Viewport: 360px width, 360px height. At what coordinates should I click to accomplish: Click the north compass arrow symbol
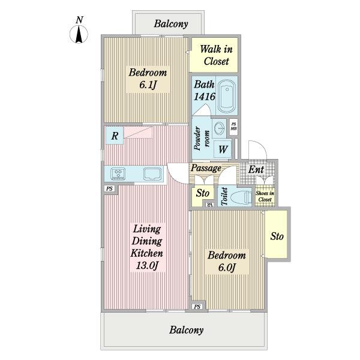(x=79, y=34)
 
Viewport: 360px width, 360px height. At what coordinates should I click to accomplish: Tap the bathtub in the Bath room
(x=227, y=96)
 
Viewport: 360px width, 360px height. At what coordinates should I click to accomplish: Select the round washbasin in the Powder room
(x=220, y=128)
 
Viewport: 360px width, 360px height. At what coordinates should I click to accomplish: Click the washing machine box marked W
(x=223, y=149)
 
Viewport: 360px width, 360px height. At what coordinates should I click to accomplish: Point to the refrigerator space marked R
(x=115, y=136)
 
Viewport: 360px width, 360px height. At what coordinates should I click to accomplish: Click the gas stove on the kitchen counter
(x=118, y=174)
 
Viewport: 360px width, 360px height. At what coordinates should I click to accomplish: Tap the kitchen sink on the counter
(x=152, y=174)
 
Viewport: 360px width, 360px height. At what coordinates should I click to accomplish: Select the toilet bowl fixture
(x=241, y=197)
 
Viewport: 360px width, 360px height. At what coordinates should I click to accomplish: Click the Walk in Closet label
(x=216, y=55)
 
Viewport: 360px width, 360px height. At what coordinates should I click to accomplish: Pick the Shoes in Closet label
(x=265, y=196)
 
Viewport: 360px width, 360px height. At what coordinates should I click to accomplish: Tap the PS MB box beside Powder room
(x=234, y=127)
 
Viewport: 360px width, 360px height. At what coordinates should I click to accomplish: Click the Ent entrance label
(x=256, y=170)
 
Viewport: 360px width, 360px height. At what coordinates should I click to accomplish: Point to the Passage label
(x=206, y=168)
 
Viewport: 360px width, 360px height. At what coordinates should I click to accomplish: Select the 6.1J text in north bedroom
(x=148, y=85)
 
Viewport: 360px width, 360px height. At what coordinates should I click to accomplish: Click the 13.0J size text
(x=147, y=266)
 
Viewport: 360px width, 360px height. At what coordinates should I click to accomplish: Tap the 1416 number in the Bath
(x=205, y=97)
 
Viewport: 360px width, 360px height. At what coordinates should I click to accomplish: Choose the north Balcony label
(x=171, y=24)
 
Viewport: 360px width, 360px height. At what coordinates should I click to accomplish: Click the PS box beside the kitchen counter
(x=110, y=189)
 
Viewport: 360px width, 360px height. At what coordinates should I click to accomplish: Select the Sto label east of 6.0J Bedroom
(x=277, y=236)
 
